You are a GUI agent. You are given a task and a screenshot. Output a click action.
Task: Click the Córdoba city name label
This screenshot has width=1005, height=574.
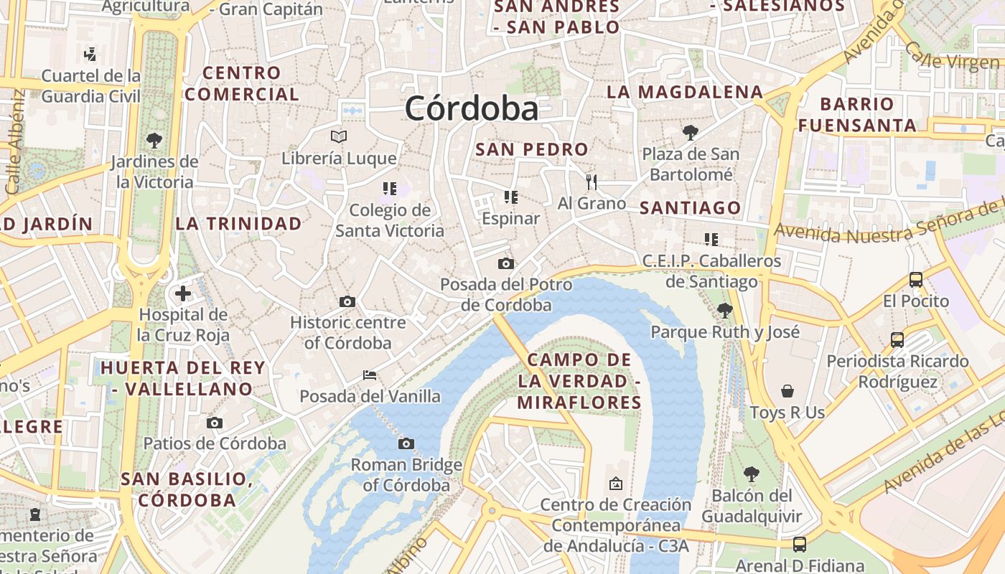point(471,109)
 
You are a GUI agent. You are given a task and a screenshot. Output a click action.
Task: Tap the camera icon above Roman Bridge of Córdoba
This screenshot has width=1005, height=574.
point(406,444)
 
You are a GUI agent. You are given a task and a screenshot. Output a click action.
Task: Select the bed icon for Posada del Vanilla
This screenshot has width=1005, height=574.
point(370,375)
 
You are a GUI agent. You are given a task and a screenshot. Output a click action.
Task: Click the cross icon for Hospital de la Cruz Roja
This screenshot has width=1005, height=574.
point(183,293)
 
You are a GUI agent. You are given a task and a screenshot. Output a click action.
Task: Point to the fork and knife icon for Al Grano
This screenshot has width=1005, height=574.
point(592,182)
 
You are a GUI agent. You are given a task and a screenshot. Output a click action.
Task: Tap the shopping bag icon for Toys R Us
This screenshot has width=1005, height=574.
point(787,391)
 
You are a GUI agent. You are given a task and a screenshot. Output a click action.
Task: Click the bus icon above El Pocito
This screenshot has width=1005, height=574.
point(916,280)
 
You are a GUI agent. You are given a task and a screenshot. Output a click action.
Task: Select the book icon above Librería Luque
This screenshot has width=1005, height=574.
point(339,136)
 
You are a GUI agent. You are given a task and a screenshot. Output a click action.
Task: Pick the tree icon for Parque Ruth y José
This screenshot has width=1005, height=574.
point(725,311)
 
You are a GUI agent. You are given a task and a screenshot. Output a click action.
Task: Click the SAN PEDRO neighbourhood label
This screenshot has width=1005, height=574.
point(532,150)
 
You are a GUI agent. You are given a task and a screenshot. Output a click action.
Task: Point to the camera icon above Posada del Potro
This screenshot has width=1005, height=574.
point(506,263)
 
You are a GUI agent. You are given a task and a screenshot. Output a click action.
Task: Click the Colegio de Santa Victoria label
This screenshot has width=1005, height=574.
point(390,220)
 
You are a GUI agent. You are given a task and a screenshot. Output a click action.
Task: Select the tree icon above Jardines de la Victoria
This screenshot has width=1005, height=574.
point(154,140)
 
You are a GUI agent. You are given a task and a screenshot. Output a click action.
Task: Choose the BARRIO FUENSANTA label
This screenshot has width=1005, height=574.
point(857,115)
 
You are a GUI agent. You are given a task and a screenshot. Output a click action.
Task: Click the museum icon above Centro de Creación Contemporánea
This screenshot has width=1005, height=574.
point(615,484)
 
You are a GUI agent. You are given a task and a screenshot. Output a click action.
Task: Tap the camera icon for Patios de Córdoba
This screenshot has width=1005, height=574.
point(215,423)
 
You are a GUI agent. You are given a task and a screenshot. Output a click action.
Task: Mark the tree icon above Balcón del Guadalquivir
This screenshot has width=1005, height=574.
point(752,474)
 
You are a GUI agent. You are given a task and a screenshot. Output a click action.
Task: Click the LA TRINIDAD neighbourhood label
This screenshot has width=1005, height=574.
point(239,224)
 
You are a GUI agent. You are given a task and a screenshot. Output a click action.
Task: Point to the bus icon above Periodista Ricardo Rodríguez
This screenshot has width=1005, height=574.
point(897,340)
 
